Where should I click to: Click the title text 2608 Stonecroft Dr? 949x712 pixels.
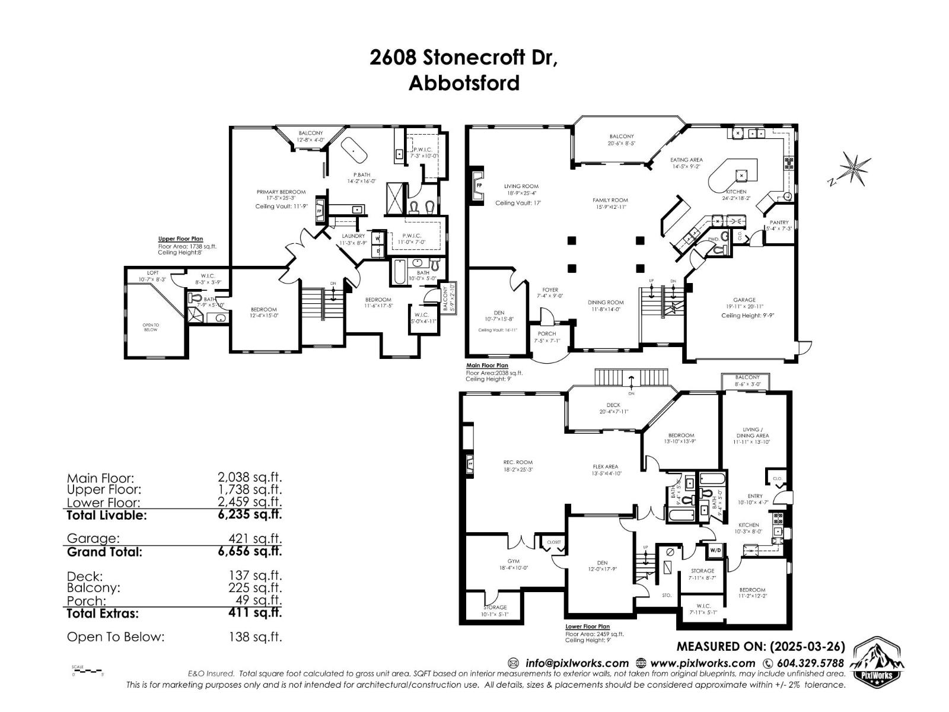pyautogui.click(x=464, y=58)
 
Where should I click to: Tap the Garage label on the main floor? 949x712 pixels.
pyautogui.click(x=744, y=300)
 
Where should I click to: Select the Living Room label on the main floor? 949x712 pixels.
pyautogui.click(x=521, y=186)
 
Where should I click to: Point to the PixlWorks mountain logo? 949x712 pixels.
pyautogui.click(x=877, y=662)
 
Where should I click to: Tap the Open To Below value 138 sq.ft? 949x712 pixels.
pyautogui.click(x=255, y=637)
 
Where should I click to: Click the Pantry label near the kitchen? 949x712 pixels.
pyautogui.click(x=779, y=223)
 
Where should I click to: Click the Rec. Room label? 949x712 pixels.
pyautogui.click(x=518, y=462)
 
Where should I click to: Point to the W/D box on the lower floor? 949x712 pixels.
pyautogui.click(x=715, y=550)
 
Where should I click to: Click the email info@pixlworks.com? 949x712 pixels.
pyautogui.click(x=577, y=663)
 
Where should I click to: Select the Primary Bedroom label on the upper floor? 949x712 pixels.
pyautogui.click(x=281, y=192)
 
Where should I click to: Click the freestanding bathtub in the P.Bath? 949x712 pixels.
pyautogui.click(x=356, y=151)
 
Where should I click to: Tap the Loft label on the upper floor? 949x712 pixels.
pyautogui.click(x=153, y=273)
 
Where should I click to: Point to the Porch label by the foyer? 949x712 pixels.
pyautogui.click(x=547, y=333)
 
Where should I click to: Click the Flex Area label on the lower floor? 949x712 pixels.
pyautogui.click(x=605, y=466)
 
